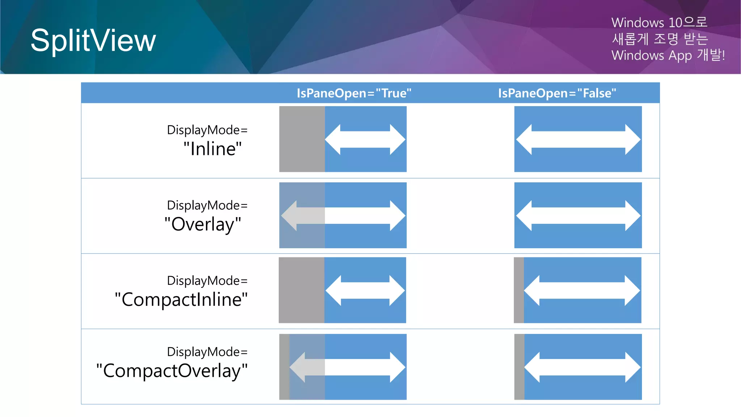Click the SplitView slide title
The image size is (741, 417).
point(93,41)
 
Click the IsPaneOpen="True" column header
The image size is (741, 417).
point(354,93)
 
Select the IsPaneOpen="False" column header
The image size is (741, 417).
point(557,93)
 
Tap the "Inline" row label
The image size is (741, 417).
point(212,149)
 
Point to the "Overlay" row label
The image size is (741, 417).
point(203,224)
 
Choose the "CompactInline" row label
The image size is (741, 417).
point(181,299)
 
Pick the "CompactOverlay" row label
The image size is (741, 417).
point(172,371)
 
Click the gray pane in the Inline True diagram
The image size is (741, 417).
point(302,139)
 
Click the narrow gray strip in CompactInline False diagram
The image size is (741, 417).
point(518,290)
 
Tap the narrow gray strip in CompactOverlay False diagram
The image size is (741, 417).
point(519,367)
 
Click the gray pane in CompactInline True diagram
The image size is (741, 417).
point(301,290)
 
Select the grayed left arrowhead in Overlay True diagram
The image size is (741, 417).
point(290,215)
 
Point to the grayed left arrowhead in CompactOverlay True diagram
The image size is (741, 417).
point(298,367)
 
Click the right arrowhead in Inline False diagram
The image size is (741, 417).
point(632,139)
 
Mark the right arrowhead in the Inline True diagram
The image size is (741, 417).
point(397,139)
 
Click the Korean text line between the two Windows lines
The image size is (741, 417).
point(659,39)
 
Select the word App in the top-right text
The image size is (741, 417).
point(680,55)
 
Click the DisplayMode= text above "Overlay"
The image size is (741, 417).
point(207,205)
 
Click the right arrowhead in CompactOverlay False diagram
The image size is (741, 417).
point(632,367)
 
